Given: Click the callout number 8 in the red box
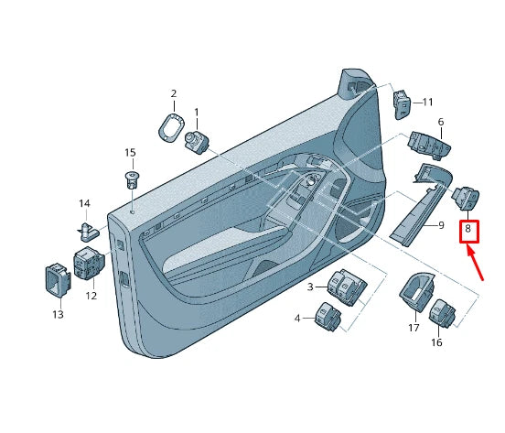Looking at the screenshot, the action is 468,229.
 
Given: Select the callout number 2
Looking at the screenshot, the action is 174,93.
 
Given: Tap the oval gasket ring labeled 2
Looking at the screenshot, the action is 172,127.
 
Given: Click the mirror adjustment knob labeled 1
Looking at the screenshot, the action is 197,142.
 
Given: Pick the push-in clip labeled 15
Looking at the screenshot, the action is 133,181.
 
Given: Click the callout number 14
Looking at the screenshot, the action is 84,203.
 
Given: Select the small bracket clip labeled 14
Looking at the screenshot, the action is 88,232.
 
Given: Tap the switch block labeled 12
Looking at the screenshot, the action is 90,263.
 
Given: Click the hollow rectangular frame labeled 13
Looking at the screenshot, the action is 58,279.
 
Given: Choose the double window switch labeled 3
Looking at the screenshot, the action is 347,287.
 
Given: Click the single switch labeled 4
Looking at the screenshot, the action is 328,317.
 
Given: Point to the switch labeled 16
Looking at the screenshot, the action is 443,314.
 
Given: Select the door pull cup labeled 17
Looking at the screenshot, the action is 416,292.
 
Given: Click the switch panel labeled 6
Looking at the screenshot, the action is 429,146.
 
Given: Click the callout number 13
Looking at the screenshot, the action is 58,314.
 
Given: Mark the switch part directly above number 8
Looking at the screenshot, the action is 466,198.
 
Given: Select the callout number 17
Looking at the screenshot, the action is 414,328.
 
